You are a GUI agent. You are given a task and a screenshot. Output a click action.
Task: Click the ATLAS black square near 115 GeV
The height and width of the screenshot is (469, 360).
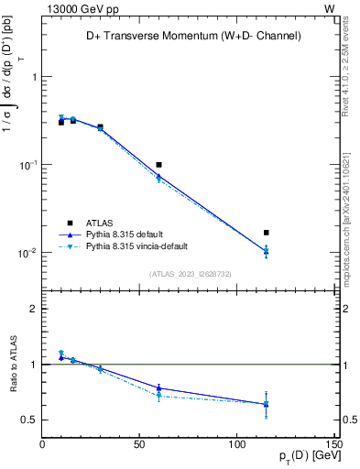[x=266, y=233]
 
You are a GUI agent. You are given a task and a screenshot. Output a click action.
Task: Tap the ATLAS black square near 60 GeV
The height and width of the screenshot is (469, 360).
[x=158, y=165]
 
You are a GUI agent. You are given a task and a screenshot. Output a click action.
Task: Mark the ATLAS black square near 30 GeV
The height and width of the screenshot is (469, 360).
[x=100, y=126]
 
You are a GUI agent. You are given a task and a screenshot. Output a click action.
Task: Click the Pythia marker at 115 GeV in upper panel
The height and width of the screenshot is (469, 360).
[x=266, y=250]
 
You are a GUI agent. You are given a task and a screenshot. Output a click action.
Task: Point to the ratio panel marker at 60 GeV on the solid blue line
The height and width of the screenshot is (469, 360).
[x=158, y=388]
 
